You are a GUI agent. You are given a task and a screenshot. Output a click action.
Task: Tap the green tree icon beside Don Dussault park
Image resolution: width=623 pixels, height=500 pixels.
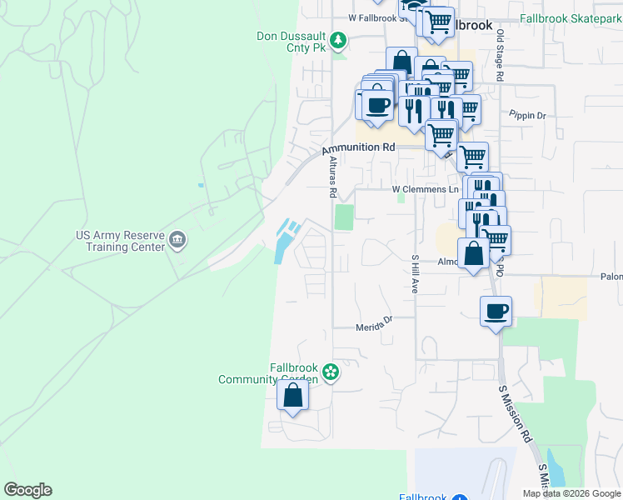338,39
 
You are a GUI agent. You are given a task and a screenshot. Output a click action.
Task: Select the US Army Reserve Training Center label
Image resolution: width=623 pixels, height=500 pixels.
120,242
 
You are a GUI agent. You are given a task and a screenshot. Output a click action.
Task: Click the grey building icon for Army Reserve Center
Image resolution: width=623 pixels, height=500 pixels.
177,242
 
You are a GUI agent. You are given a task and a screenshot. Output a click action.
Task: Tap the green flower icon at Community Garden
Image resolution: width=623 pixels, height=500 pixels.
331,372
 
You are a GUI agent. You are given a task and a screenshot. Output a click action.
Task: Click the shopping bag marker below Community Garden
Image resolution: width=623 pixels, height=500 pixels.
293,396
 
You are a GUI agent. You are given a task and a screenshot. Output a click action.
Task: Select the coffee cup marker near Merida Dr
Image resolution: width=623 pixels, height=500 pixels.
496,312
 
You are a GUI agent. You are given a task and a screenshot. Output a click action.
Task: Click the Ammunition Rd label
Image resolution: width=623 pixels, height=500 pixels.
358,147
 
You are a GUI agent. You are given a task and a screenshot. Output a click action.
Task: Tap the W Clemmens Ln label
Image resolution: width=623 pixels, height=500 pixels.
426,189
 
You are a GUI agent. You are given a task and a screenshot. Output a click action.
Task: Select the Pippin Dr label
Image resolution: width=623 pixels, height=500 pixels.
527,116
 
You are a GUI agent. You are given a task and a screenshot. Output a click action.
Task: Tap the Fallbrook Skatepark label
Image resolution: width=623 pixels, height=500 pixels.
571,17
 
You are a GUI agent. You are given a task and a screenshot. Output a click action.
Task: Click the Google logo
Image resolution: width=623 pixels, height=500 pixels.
27,490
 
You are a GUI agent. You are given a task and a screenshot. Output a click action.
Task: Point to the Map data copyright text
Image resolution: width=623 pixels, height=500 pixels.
571,493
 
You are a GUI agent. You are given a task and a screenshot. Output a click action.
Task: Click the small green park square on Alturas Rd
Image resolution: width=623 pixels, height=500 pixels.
343,217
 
